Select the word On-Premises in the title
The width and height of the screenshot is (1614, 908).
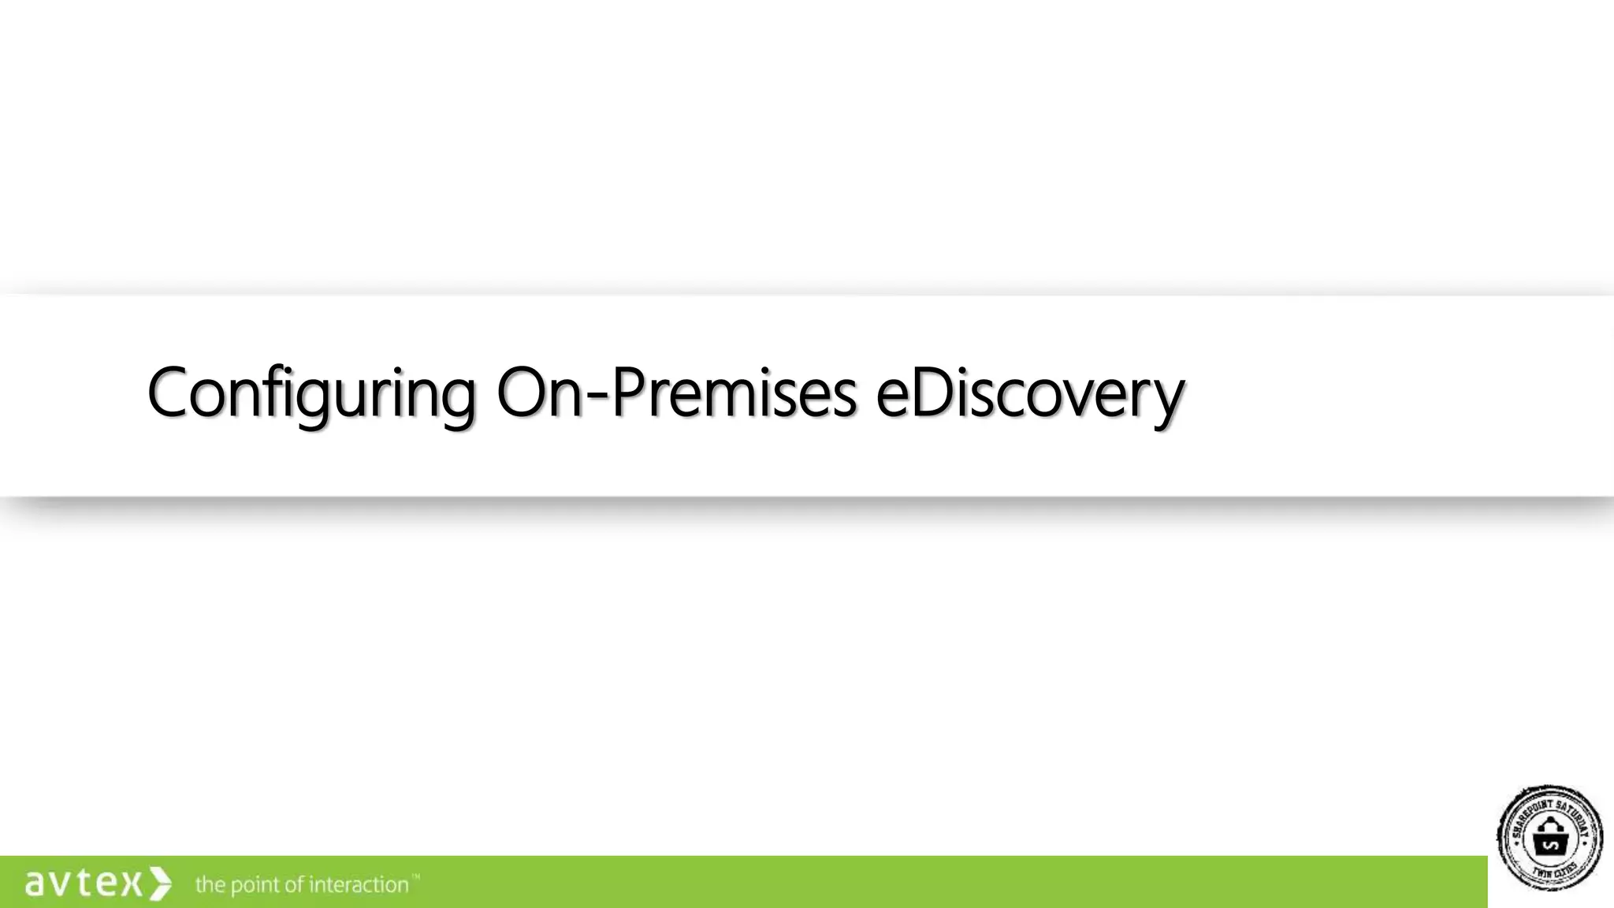tap(676, 393)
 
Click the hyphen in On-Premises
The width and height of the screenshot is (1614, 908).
tap(597, 395)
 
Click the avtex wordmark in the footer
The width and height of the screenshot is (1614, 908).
tap(84, 883)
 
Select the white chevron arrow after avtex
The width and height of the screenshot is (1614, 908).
tap(160, 883)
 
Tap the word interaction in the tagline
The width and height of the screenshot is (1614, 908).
tap(359, 884)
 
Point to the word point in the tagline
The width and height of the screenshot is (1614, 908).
tap(255, 885)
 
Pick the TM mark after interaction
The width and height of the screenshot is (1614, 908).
tap(415, 876)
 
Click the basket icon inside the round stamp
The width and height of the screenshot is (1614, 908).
tap(1550, 839)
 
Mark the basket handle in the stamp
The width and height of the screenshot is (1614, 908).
tap(1550, 824)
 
